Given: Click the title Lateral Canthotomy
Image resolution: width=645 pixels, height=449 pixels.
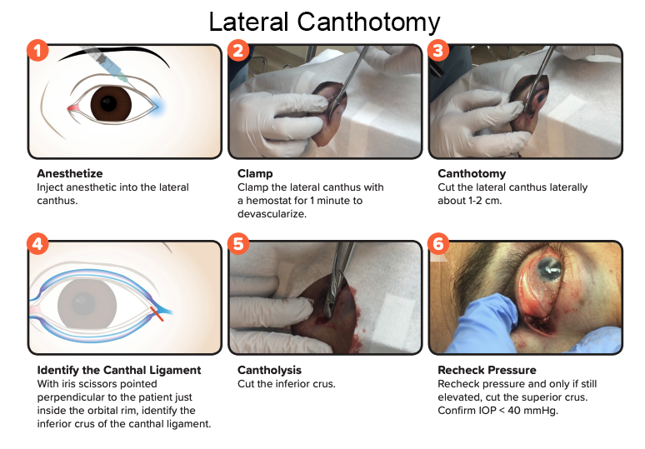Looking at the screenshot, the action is [324, 22].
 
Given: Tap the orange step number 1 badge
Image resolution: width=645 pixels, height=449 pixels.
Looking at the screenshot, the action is [37, 51].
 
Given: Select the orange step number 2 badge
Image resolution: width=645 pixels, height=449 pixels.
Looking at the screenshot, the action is [238, 51].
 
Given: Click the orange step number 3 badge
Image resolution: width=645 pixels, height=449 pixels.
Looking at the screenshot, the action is [438, 51].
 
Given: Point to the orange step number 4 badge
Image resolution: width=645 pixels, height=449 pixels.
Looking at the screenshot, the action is [37, 244].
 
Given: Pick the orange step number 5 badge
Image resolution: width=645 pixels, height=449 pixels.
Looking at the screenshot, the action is [238, 244].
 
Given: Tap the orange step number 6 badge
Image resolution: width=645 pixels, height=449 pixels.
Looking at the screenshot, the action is [438, 244].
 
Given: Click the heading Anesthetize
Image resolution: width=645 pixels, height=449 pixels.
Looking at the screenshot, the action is [70, 173].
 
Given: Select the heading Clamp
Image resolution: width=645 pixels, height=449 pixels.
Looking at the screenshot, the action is [255, 173].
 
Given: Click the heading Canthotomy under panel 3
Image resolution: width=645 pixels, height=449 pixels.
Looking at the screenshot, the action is [472, 173].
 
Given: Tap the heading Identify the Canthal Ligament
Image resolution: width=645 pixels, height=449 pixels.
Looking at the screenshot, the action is [119, 370].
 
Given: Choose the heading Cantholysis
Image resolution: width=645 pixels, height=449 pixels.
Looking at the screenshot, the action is [269, 370].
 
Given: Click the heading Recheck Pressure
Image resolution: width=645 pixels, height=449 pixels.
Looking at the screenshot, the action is [487, 370].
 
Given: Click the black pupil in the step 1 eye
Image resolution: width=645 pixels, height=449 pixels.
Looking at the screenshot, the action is [108, 103].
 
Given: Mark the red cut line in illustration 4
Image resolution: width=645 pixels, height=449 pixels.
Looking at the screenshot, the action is [157, 314].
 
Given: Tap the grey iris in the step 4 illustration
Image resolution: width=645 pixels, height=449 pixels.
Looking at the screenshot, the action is [87, 304].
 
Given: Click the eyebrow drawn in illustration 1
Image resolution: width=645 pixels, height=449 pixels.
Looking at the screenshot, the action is [114, 54].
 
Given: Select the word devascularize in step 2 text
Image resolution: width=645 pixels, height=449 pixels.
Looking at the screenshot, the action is [272, 214].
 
